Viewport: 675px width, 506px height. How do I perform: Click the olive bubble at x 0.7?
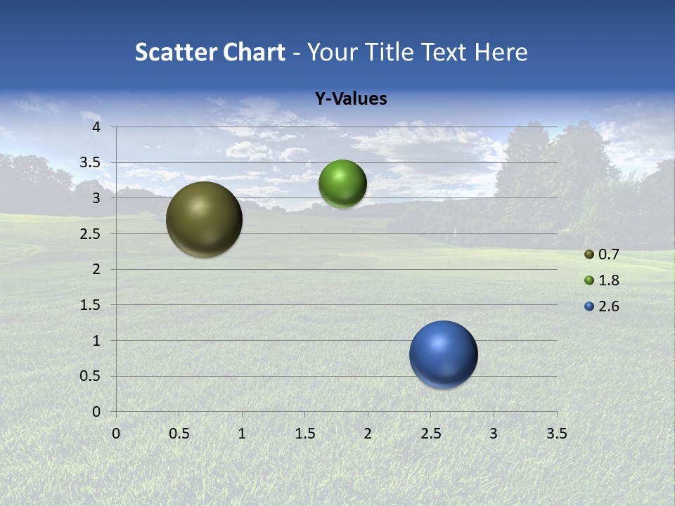coord(204,219)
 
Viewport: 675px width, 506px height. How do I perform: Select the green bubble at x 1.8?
coord(342,184)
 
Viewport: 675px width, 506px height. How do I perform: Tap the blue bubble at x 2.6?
coord(443,354)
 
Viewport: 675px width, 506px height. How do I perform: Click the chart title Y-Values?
coord(351,99)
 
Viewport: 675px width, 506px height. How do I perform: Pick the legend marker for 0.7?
coord(589,254)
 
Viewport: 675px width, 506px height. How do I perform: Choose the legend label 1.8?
coord(608,280)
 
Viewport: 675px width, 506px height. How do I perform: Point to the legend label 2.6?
coord(608,306)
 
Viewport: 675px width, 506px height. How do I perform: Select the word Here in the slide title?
coord(500,52)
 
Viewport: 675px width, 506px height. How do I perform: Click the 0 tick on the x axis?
coord(116,433)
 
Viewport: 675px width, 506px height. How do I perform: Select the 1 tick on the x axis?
coord(242,433)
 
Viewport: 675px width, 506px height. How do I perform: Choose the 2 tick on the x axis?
coord(368,433)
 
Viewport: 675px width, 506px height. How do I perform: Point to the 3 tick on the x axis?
coord(494,433)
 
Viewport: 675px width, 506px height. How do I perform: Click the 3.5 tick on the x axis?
coord(556,433)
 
